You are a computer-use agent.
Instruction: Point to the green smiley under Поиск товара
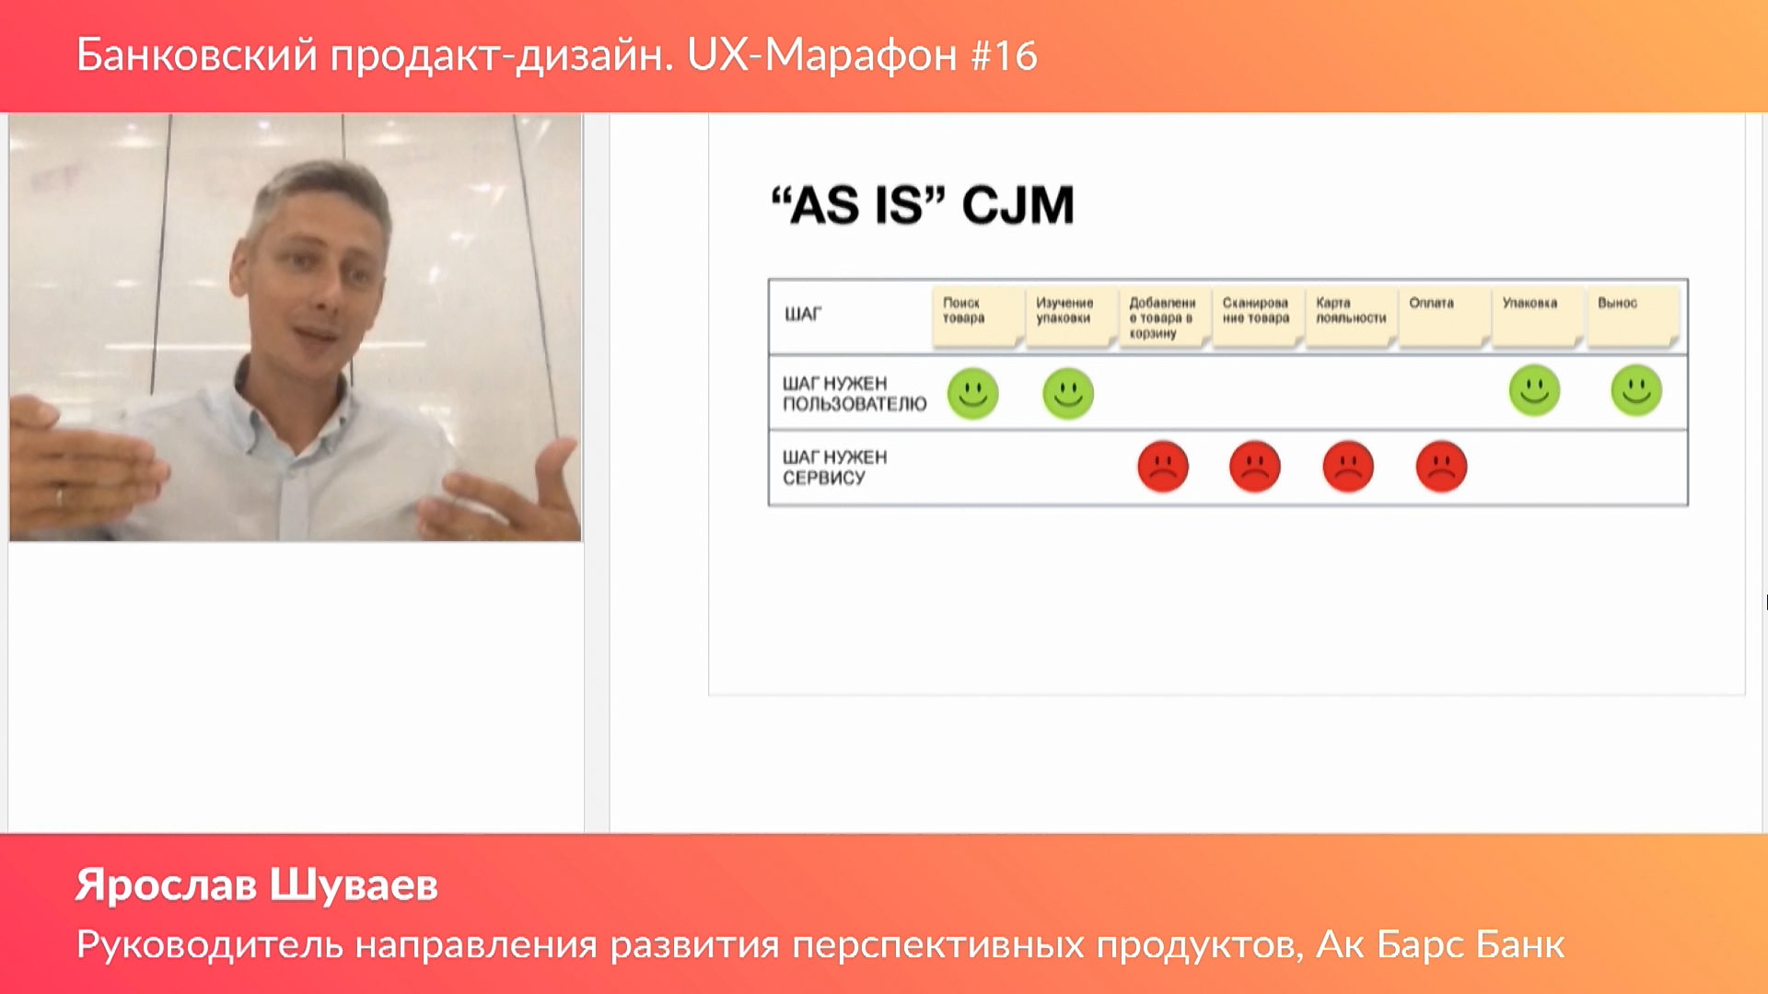click(x=972, y=394)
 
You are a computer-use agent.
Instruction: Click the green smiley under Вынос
click(x=1636, y=390)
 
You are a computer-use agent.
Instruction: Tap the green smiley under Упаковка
click(x=1534, y=390)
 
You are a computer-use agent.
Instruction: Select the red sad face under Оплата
click(x=1441, y=467)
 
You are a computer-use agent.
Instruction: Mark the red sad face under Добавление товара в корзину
click(x=1163, y=467)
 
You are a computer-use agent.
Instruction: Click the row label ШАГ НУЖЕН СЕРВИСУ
click(x=835, y=468)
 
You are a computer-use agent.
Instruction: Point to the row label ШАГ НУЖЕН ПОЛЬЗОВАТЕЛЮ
click(x=855, y=394)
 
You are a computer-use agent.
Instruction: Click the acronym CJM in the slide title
click(x=1018, y=204)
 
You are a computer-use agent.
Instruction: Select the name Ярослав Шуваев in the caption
click(x=257, y=885)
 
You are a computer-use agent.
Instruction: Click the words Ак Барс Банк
click(x=1441, y=944)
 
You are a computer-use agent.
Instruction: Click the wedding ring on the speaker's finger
click(x=60, y=498)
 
